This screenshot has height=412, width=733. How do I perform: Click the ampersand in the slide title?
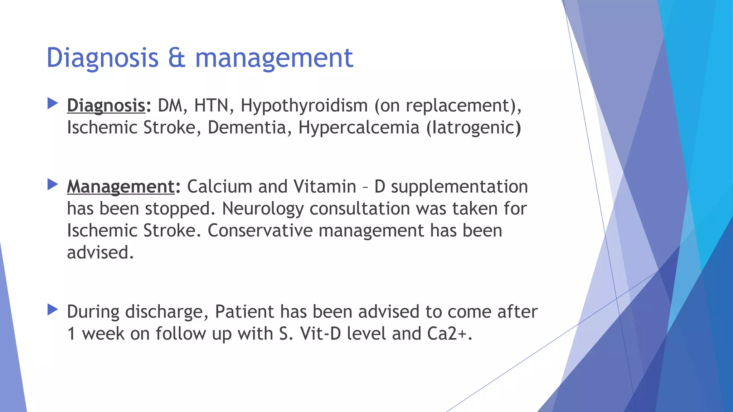coord(177,58)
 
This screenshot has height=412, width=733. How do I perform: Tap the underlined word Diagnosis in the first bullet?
coord(106,106)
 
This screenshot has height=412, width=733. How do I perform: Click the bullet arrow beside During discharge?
coord(53,310)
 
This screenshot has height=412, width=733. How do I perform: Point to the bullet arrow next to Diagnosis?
coord(53,104)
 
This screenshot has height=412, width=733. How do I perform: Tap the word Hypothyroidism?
coord(304,106)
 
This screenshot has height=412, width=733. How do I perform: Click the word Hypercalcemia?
coord(359,128)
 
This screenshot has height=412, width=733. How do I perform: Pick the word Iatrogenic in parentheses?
coord(474,128)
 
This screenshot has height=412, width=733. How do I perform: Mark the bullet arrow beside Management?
coord(53,185)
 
